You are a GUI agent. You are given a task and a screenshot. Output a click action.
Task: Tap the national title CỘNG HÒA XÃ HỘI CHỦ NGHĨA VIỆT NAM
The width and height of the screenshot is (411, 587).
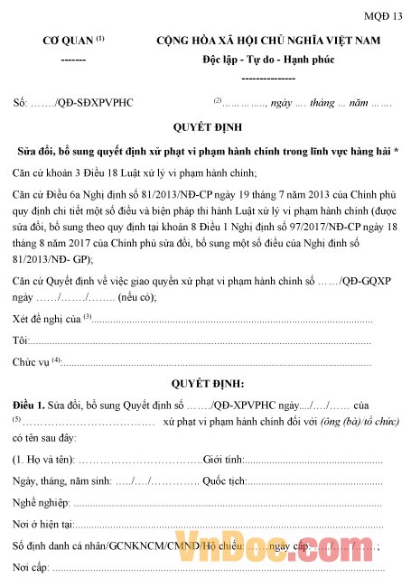point(268,41)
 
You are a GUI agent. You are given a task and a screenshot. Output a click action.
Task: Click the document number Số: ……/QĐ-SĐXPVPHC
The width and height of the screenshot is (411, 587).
point(73,102)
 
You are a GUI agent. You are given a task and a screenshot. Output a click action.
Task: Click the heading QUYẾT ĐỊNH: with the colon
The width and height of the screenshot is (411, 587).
point(205,382)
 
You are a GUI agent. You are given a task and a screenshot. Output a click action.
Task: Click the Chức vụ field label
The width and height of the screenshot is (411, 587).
point(33,362)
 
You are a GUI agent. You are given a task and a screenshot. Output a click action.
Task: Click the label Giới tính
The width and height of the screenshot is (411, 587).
point(224,461)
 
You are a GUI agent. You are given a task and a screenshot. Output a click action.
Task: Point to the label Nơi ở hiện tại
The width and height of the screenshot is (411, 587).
point(42,525)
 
